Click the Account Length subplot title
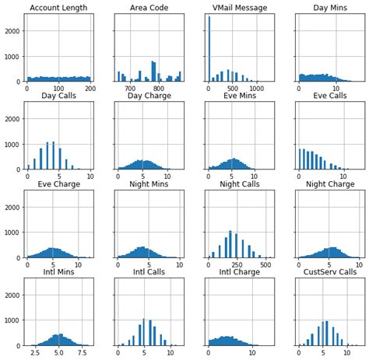point(58,9)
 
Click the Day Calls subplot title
point(58,96)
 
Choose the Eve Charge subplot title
point(58,184)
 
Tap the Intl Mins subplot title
point(58,272)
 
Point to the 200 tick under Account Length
point(90,89)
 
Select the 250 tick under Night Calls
point(232,264)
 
